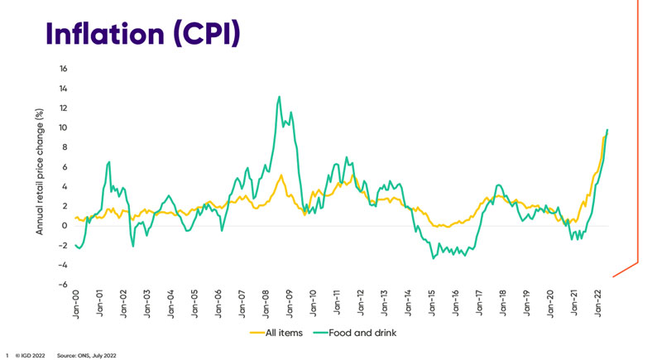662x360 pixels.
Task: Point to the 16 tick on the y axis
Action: point(63,69)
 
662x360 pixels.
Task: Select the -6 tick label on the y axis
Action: point(63,285)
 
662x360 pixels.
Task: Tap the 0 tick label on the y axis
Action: point(65,226)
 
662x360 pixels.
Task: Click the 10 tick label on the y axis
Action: point(63,127)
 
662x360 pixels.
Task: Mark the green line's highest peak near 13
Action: point(279,97)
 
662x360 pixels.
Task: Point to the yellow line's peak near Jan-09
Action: point(282,175)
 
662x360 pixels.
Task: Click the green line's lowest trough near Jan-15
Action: point(433,258)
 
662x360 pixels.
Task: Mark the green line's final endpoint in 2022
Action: point(607,130)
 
